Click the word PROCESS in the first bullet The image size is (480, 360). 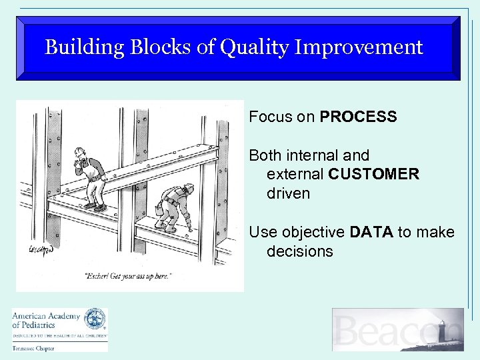coord(358,117)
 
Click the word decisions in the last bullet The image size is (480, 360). coord(299,252)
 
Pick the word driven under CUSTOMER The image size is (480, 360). coord(288,194)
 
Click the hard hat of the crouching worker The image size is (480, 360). coord(189,188)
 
